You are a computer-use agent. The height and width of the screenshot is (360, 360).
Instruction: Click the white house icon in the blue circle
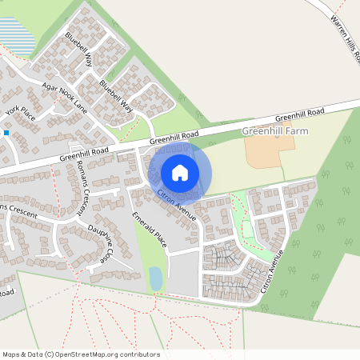[180, 172]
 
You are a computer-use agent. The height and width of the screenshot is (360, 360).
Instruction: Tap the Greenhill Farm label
[274, 130]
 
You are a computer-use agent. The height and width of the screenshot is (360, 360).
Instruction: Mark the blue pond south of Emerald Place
[156, 278]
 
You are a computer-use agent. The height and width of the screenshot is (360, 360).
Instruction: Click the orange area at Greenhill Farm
[264, 151]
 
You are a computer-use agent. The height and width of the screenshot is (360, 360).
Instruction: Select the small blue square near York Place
[6, 133]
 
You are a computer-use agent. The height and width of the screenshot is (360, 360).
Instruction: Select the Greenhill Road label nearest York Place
[83, 153]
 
